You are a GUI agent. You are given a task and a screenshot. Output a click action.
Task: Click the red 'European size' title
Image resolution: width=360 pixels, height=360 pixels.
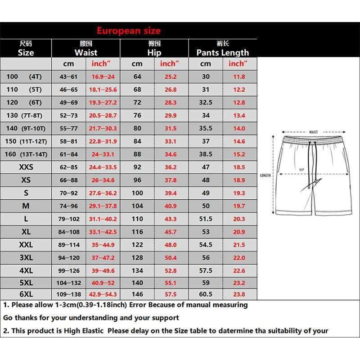coord(128,31)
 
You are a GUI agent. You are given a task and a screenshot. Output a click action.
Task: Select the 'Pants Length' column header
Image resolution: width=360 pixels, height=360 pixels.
coord(222,52)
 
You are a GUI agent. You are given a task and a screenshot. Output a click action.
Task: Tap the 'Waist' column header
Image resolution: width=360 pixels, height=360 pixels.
coord(85,52)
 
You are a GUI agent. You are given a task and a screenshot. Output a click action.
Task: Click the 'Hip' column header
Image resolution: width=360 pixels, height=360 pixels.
coord(154,52)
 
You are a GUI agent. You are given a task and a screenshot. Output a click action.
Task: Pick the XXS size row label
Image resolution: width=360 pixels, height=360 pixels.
coord(26,167)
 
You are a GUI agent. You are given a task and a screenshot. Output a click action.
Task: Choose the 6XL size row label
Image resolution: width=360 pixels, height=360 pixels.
coord(26,294)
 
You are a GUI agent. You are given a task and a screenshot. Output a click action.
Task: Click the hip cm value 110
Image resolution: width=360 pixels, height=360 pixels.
coord(137,219)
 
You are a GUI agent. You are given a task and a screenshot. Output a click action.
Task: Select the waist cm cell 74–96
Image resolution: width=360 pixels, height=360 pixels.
coord(69,206)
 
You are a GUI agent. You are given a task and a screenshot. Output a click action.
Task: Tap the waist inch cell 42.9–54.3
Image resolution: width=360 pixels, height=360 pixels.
coord(103,294)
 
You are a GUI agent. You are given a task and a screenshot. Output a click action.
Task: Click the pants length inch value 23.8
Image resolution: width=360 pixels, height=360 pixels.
coord(239,294)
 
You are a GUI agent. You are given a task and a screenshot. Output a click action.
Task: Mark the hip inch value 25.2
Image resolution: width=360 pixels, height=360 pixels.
coord(171,77)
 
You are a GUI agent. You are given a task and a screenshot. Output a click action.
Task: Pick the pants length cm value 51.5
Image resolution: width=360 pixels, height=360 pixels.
coord(206,219)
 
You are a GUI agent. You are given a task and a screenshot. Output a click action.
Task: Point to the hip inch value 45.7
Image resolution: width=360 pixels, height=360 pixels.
coord(171,232)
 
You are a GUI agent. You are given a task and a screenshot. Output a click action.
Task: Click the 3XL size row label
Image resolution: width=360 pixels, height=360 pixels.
coord(26,258)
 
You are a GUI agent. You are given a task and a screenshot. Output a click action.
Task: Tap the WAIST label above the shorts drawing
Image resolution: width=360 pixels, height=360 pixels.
coord(313,132)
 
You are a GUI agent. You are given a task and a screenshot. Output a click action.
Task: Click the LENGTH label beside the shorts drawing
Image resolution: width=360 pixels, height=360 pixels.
coord(265,175)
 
